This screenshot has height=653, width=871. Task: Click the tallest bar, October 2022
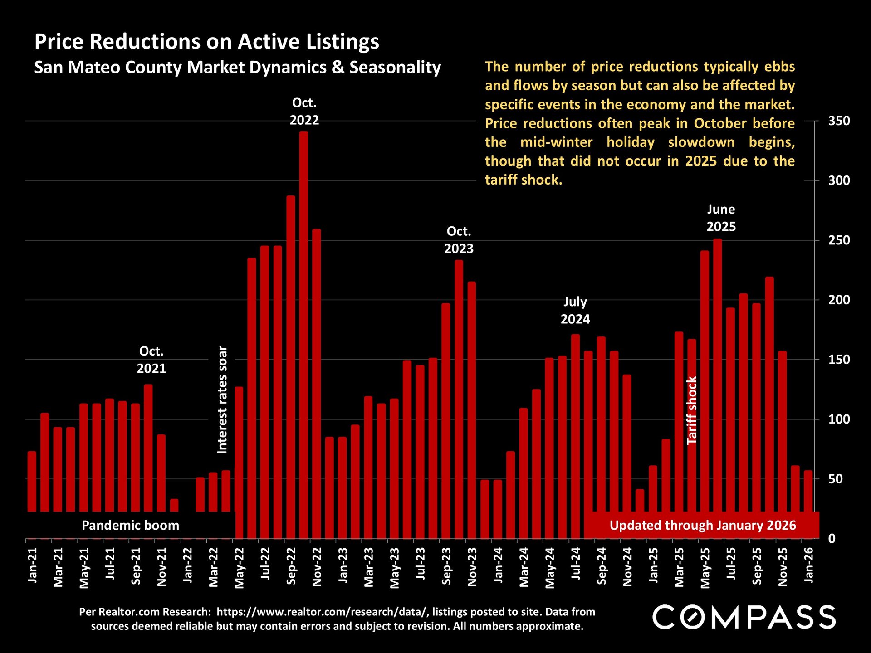click(x=303, y=317)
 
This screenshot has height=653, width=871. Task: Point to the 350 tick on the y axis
click(x=839, y=121)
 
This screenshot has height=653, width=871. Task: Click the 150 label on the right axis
click(x=839, y=360)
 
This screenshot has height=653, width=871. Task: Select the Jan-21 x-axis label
click(x=33, y=565)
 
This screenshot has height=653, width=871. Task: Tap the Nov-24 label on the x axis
click(x=628, y=567)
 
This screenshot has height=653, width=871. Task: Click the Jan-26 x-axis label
click(x=809, y=565)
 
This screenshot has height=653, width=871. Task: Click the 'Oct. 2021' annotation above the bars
click(x=152, y=360)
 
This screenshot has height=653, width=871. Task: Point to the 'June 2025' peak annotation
click(x=721, y=218)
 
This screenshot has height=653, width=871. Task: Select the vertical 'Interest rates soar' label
click(x=222, y=400)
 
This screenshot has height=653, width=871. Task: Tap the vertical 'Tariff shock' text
click(x=692, y=410)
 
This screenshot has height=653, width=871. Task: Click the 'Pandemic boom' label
click(x=130, y=525)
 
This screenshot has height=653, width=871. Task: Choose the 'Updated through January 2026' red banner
click(x=702, y=525)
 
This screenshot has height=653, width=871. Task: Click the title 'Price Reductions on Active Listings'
click(x=207, y=41)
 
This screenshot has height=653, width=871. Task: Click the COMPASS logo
click(x=744, y=617)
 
